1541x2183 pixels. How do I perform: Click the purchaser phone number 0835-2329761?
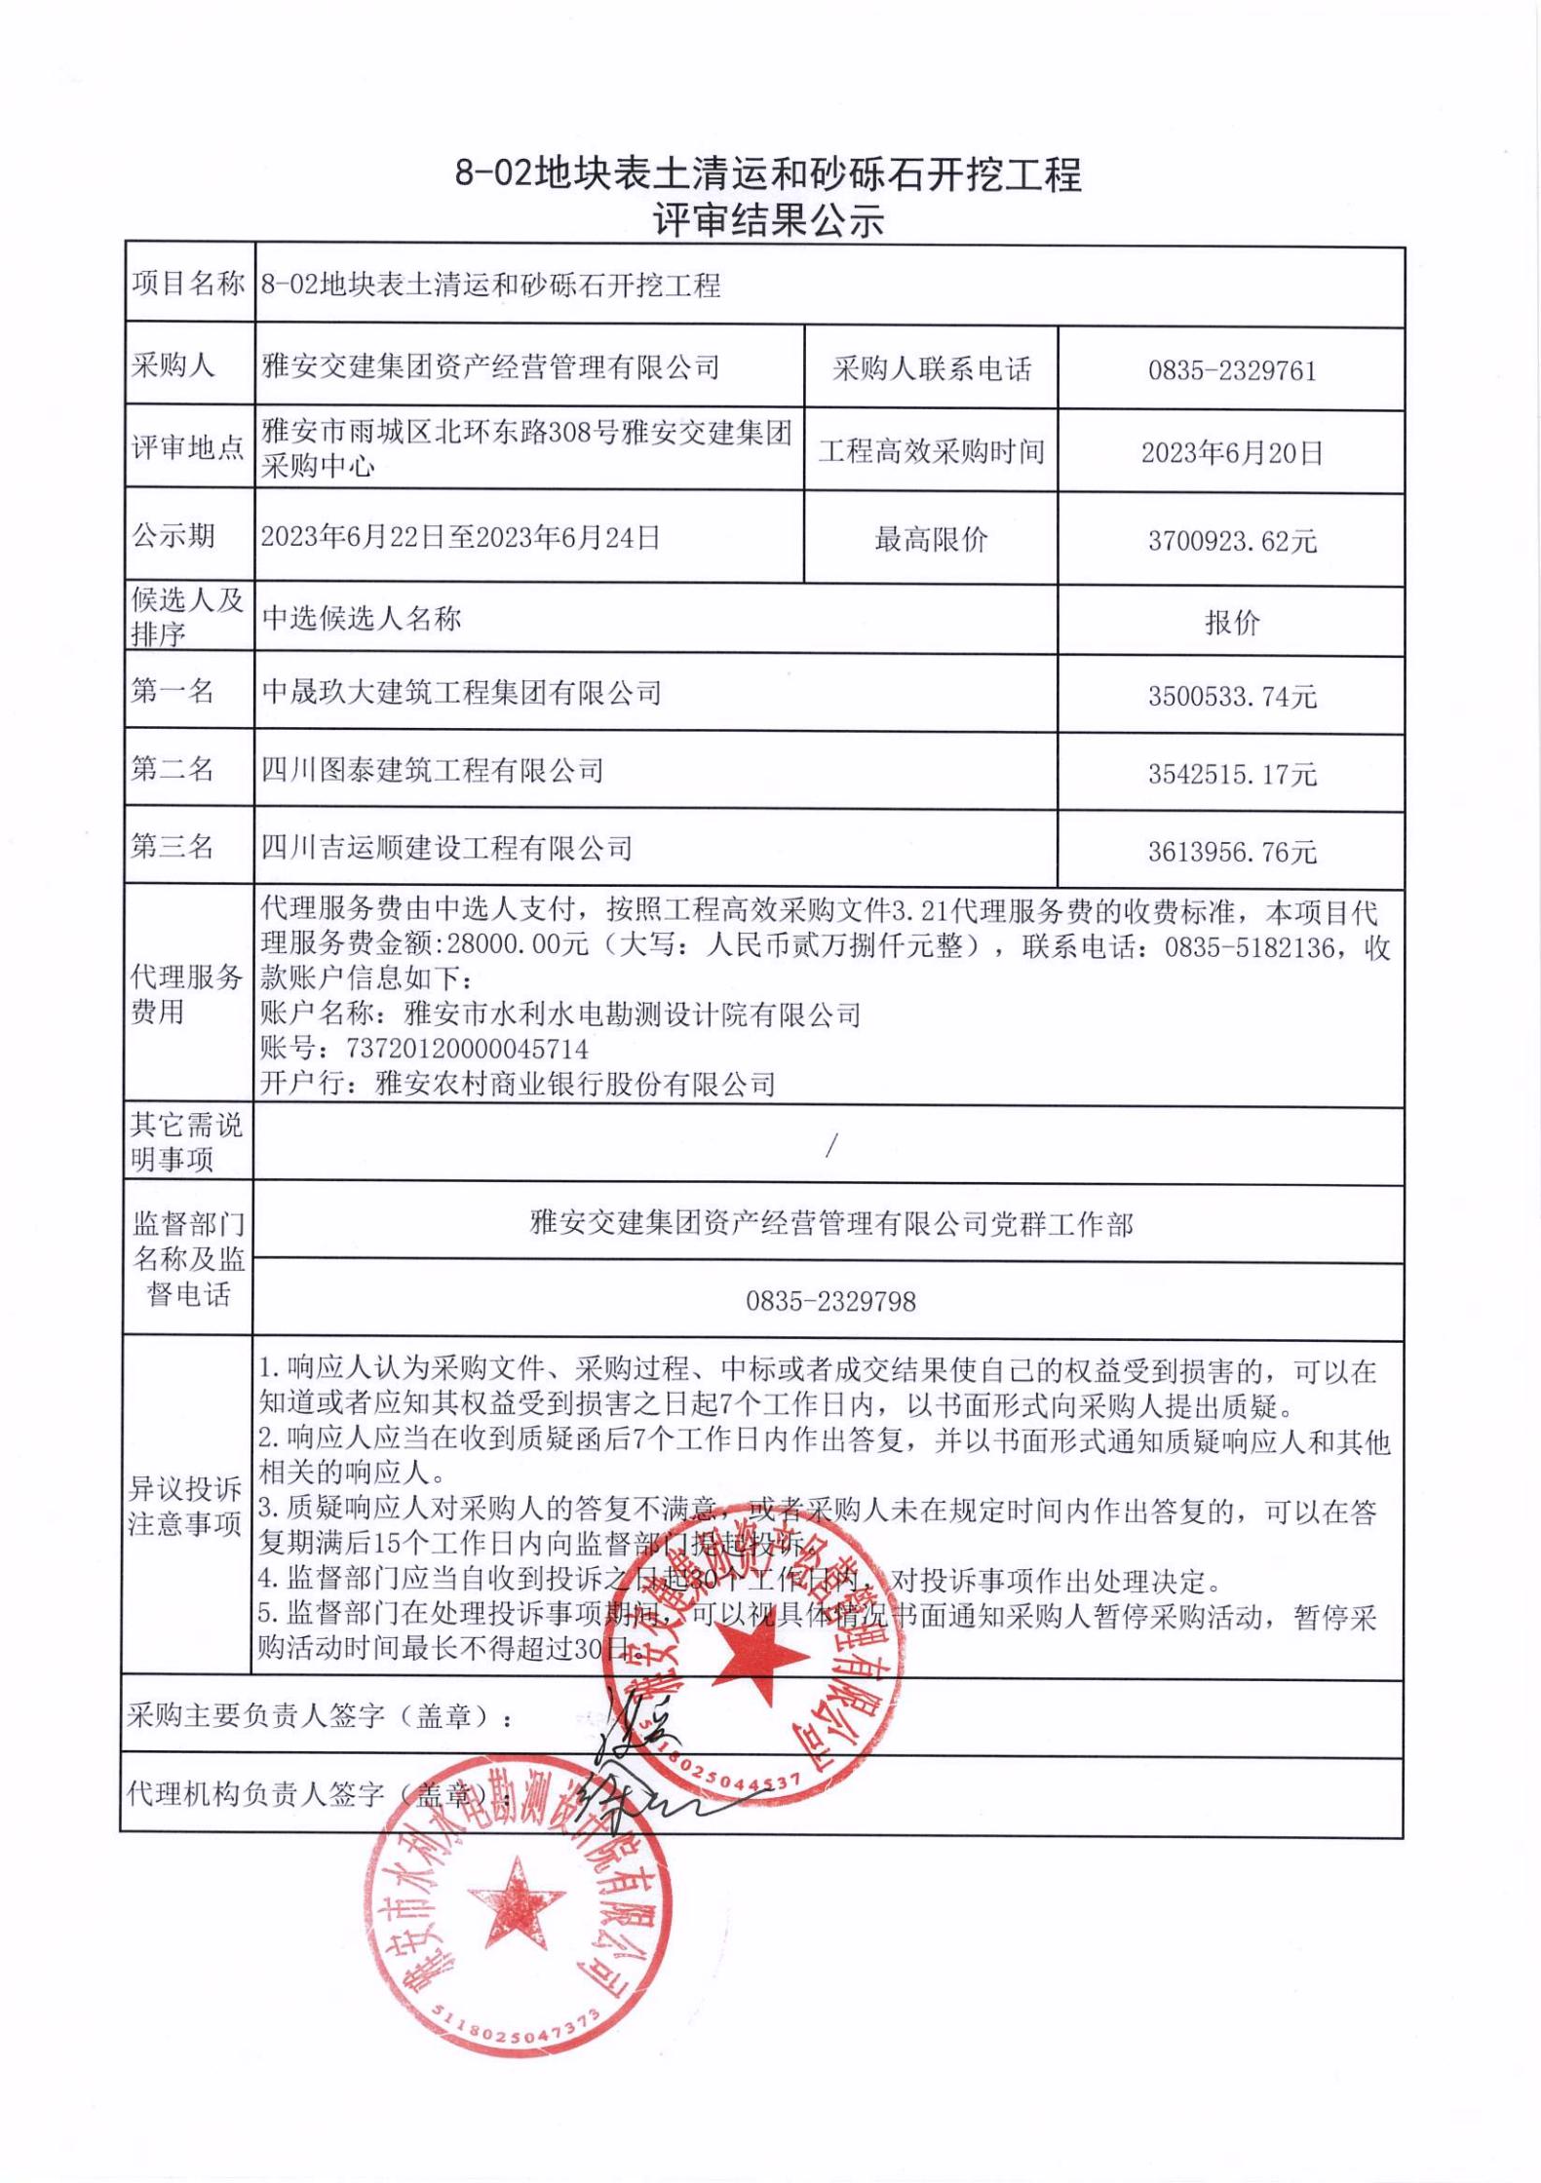pyautogui.click(x=1231, y=371)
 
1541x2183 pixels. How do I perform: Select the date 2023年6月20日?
pyautogui.click(x=1232, y=453)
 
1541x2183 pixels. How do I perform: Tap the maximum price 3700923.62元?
pyautogui.click(x=1232, y=541)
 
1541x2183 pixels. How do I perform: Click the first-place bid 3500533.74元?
pyautogui.click(x=1232, y=697)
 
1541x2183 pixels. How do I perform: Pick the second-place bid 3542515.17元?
pyautogui.click(x=1232, y=775)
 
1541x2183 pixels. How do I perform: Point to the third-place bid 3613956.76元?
pyautogui.click(x=1232, y=853)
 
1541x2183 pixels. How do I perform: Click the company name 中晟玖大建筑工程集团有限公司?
pyautogui.click(x=461, y=693)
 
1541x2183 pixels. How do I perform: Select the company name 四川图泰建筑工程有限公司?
pyautogui.click(x=432, y=771)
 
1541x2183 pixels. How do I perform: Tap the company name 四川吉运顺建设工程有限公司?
pyautogui.click(x=446, y=848)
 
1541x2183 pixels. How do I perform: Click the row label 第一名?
pyautogui.click(x=173, y=692)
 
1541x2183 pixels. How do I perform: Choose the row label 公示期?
pyautogui.click(x=173, y=536)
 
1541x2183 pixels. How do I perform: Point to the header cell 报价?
pyautogui.click(x=1232, y=623)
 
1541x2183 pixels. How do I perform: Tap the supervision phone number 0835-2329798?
pyautogui.click(x=830, y=1302)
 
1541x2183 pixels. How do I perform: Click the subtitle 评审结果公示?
pyautogui.click(x=769, y=221)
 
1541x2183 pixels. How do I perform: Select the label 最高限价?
pyautogui.click(x=931, y=539)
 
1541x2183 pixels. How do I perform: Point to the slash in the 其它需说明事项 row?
pyautogui.click(x=830, y=1147)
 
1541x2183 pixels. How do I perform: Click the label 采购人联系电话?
pyautogui.click(x=931, y=369)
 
